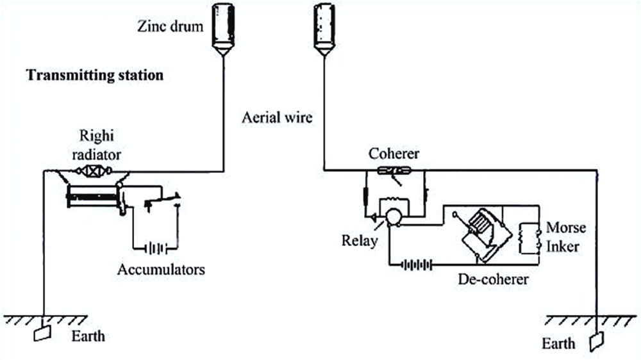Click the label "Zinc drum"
pyautogui.click(x=170, y=26)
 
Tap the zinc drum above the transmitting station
pyautogui.click(x=223, y=29)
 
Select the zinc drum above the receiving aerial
pyautogui.click(x=324, y=29)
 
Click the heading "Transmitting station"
pyautogui.click(x=95, y=75)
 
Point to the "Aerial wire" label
pyautogui.click(x=277, y=118)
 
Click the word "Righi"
pyautogui.click(x=97, y=136)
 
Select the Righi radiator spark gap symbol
pyautogui.click(x=94, y=171)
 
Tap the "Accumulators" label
pyautogui.click(x=161, y=270)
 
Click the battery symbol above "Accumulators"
pyautogui.click(x=155, y=248)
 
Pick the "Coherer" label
pyautogui.click(x=394, y=154)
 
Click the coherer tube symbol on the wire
pyautogui.click(x=394, y=170)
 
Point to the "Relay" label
pyautogui.click(x=360, y=241)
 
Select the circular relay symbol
pyautogui.click(x=394, y=217)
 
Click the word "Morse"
pyautogui.click(x=566, y=227)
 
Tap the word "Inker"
pyautogui.click(x=563, y=247)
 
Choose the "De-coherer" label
pyautogui.click(x=494, y=279)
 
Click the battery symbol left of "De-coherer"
pyautogui.click(x=416, y=265)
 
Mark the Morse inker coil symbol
pyautogui.click(x=529, y=238)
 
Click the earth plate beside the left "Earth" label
pyautogui.click(x=42, y=333)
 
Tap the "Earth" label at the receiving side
pyautogui.click(x=558, y=343)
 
